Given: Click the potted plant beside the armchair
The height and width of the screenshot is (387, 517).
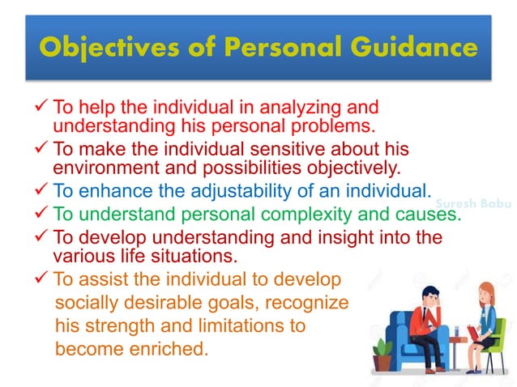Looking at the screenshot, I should tap(381, 352).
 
